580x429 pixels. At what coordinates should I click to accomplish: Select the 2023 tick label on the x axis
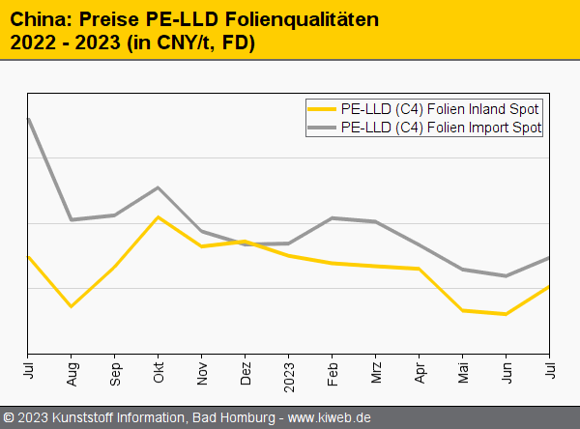(x=289, y=371)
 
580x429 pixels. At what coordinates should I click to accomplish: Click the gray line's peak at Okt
(x=159, y=187)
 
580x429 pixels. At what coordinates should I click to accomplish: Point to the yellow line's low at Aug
(x=72, y=306)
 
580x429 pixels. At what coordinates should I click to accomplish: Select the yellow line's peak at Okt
(x=159, y=216)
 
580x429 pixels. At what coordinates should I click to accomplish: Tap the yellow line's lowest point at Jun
(x=506, y=314)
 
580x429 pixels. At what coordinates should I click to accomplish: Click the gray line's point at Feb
(x=333, y=218)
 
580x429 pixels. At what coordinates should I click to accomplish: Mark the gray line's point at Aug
(x=72, y=220)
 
